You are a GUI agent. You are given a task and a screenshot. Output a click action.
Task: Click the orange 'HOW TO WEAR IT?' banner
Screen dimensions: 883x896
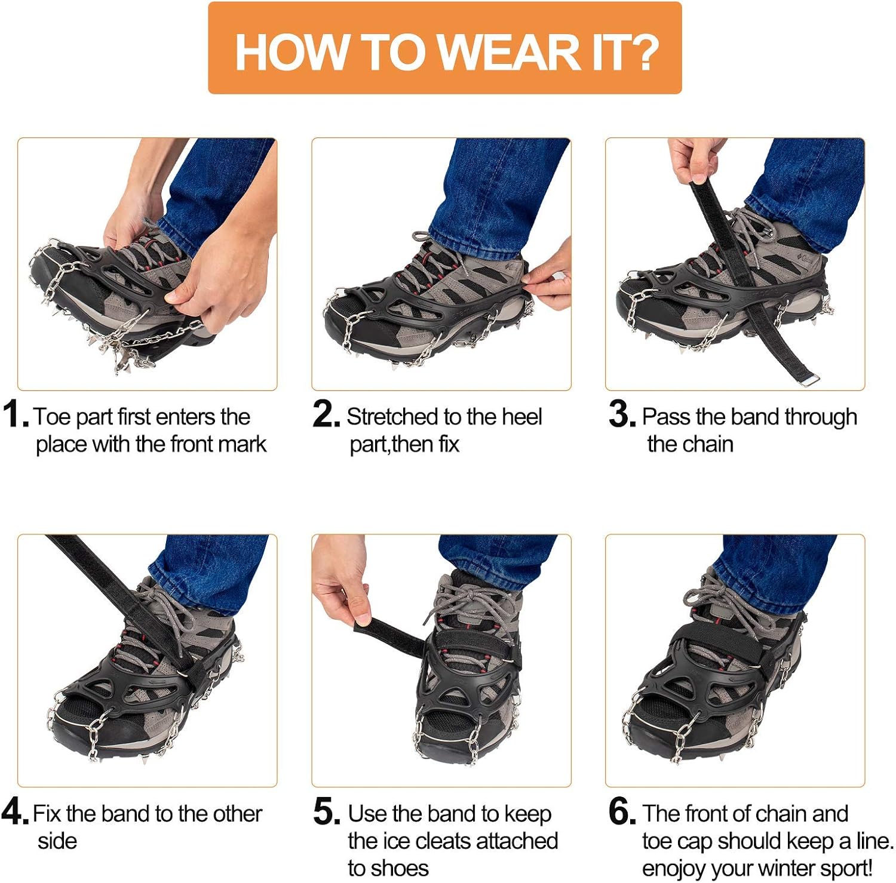click(x=444, y=48)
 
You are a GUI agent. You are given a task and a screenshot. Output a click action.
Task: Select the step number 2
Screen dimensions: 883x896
click(x=326, y=414)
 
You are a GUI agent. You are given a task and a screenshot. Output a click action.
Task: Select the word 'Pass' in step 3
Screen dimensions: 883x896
click(x=666, y=417)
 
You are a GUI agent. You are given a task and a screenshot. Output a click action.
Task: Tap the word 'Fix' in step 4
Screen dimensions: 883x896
click(x=47, y=814)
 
